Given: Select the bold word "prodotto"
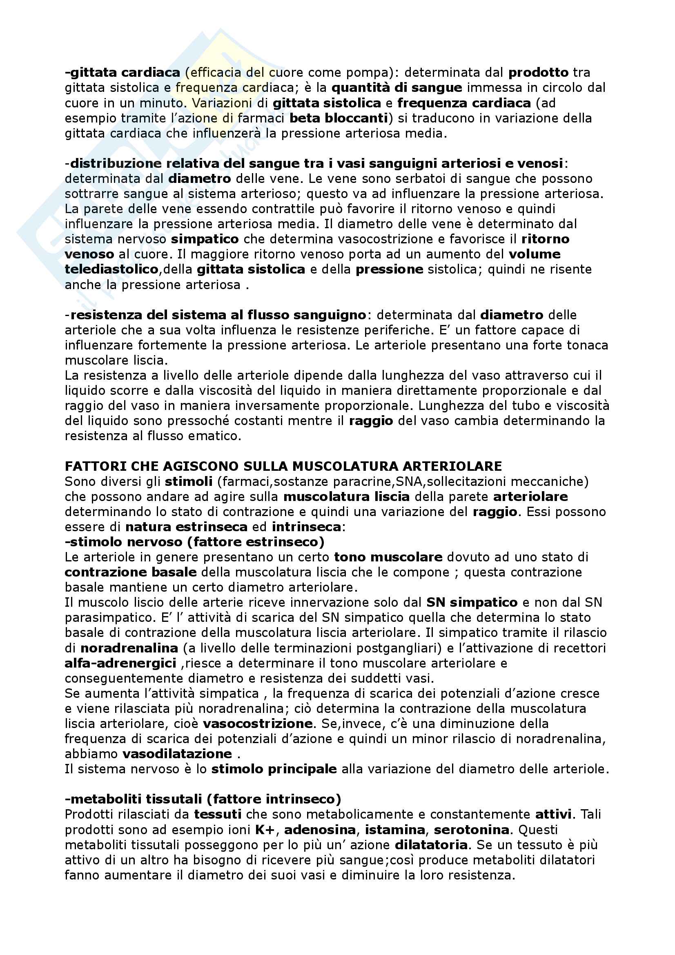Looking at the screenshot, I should [x=538, y=72].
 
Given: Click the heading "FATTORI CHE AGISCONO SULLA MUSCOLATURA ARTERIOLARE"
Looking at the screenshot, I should [x=283, y=466].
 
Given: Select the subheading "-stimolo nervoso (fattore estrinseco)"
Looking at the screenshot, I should [x=195, y=541].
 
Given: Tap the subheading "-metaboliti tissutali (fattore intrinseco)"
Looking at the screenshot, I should [x=203, y=799].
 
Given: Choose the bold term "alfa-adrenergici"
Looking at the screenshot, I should [x=120, y=663].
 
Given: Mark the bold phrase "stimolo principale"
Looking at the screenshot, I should [x=274, y=769].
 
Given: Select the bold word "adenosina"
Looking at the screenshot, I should [x=320, y=829].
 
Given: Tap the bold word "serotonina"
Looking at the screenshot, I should [x=472, y=829].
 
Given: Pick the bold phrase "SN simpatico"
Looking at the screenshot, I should [x=472, y=602].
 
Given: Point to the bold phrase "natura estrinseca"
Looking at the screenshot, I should [x=186, y=527].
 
